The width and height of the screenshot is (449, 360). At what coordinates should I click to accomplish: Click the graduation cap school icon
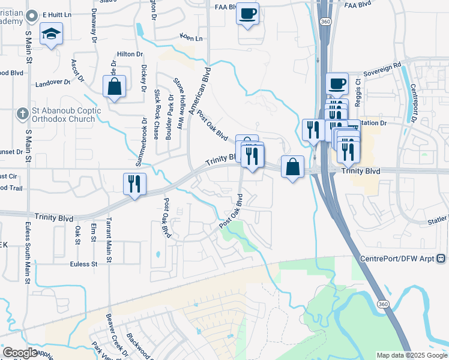(51, 34)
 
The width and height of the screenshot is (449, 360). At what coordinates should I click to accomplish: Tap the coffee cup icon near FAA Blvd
(248, 14)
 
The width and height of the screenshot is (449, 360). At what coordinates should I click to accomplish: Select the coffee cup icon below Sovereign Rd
(337, 83)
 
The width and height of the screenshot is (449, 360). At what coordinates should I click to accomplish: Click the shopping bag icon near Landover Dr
(113, 86)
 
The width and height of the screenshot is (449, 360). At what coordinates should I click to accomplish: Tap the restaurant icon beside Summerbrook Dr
(134, 184)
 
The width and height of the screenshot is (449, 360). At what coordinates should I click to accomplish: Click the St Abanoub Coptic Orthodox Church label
(64, 115)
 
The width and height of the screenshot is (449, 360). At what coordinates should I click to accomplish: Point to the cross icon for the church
(22, 113)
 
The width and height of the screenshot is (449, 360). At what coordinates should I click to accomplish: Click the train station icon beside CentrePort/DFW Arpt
(441, 259)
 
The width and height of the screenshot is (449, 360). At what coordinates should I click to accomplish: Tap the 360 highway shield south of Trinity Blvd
(382, 305)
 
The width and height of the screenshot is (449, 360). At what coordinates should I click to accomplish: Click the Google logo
(20, 353)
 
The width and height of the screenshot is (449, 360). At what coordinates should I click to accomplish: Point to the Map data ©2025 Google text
(411, 355)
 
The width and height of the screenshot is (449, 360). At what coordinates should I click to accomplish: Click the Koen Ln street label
(191, 38)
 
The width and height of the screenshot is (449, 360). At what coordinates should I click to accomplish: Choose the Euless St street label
(83, 264)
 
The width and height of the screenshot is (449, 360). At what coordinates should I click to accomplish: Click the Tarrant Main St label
(109, 240)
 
